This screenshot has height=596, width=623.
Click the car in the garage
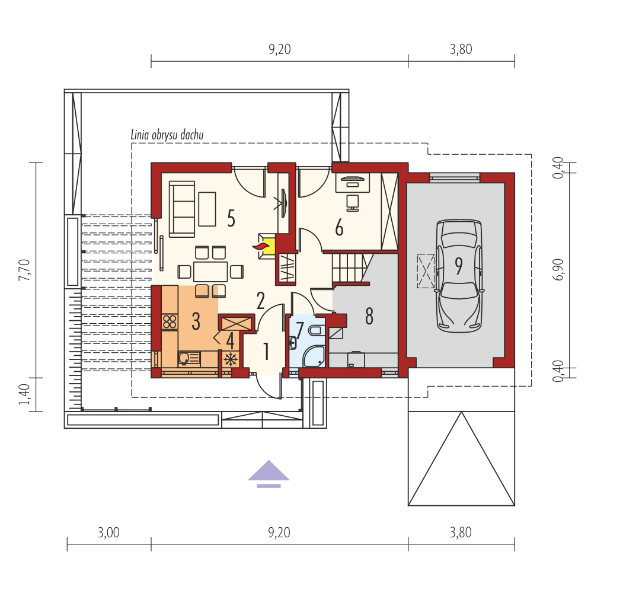click(459, 276)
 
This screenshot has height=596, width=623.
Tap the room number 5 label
click(231, 218)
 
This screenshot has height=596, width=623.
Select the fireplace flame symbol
click(261, 246)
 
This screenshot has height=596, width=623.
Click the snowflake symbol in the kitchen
click(231, 359)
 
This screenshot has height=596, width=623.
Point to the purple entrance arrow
click(269, 474)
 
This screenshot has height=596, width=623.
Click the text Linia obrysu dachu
click(167, 135)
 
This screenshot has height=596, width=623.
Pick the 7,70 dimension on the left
click(24, 270)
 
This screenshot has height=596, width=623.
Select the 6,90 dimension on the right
click(558, 269)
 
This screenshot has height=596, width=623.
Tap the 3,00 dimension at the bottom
click(108, 533)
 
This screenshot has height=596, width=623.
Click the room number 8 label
click(369, 316)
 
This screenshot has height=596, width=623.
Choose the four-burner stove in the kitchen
click(170, 321)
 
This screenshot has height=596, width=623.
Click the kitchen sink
click(189, 359)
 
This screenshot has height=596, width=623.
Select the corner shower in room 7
click(314, 356)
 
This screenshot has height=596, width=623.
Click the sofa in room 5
click(182, 209)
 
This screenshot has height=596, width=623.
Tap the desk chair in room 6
click(353, 203)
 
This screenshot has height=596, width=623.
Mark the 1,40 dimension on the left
click(24, 394)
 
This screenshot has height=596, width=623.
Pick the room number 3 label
click(196, 321)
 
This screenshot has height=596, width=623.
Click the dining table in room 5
click(210, 271)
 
